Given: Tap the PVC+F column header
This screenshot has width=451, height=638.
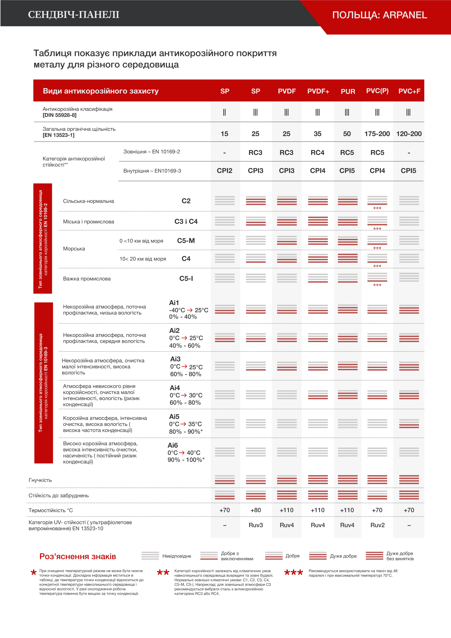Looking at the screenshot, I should (409, 91).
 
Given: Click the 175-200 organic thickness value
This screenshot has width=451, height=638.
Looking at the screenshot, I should (377, 134).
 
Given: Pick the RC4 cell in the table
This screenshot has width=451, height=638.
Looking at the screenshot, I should (317, 153).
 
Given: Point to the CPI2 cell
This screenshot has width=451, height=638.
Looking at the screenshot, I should (224, 171).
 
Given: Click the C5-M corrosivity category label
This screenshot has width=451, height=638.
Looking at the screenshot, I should (186, 241).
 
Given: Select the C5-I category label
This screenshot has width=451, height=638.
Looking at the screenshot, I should (186, 278).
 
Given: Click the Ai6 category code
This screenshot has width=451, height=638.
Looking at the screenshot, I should (173, 445).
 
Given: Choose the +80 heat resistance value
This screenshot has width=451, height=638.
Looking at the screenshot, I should (256, 510).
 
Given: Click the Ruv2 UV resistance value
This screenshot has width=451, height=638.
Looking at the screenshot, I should (377, 525).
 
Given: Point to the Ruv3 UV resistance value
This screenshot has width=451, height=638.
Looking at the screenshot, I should (256, 525).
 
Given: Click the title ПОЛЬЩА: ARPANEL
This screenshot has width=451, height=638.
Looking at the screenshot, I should (380, 15).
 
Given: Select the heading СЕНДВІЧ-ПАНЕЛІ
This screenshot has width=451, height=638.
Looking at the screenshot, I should (74, 14).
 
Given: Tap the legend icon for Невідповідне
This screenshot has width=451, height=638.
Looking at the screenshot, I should (150, 556).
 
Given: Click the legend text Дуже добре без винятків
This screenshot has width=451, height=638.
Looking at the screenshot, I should (400, 556).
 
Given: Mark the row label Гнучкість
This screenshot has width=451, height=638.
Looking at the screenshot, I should (40, 480).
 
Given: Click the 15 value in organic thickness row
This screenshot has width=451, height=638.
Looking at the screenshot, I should (224, 134).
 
